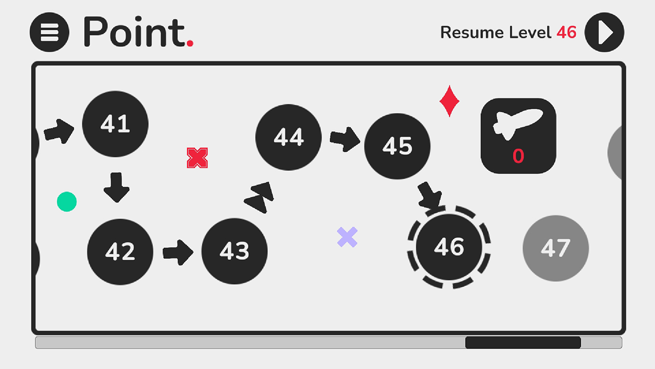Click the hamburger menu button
[50, 32]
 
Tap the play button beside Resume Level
[604, 32]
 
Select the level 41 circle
[115, 124]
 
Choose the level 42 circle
[120, 252]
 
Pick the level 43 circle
[234, 251]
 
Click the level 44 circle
[289, 137]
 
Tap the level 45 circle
[398, 146]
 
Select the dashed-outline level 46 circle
[449, 247]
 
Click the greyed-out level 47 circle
[556, 249]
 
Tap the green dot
[67, 201]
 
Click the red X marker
[198, 158]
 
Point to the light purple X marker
[347, 237]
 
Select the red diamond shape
[449, 101]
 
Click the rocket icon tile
[518, 136]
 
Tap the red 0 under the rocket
[518, 156]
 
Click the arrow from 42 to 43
[178, 253]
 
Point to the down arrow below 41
[116, 188]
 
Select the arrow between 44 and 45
[345, 139]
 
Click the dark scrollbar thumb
[523, 343]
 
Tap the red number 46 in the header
[566, 32]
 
